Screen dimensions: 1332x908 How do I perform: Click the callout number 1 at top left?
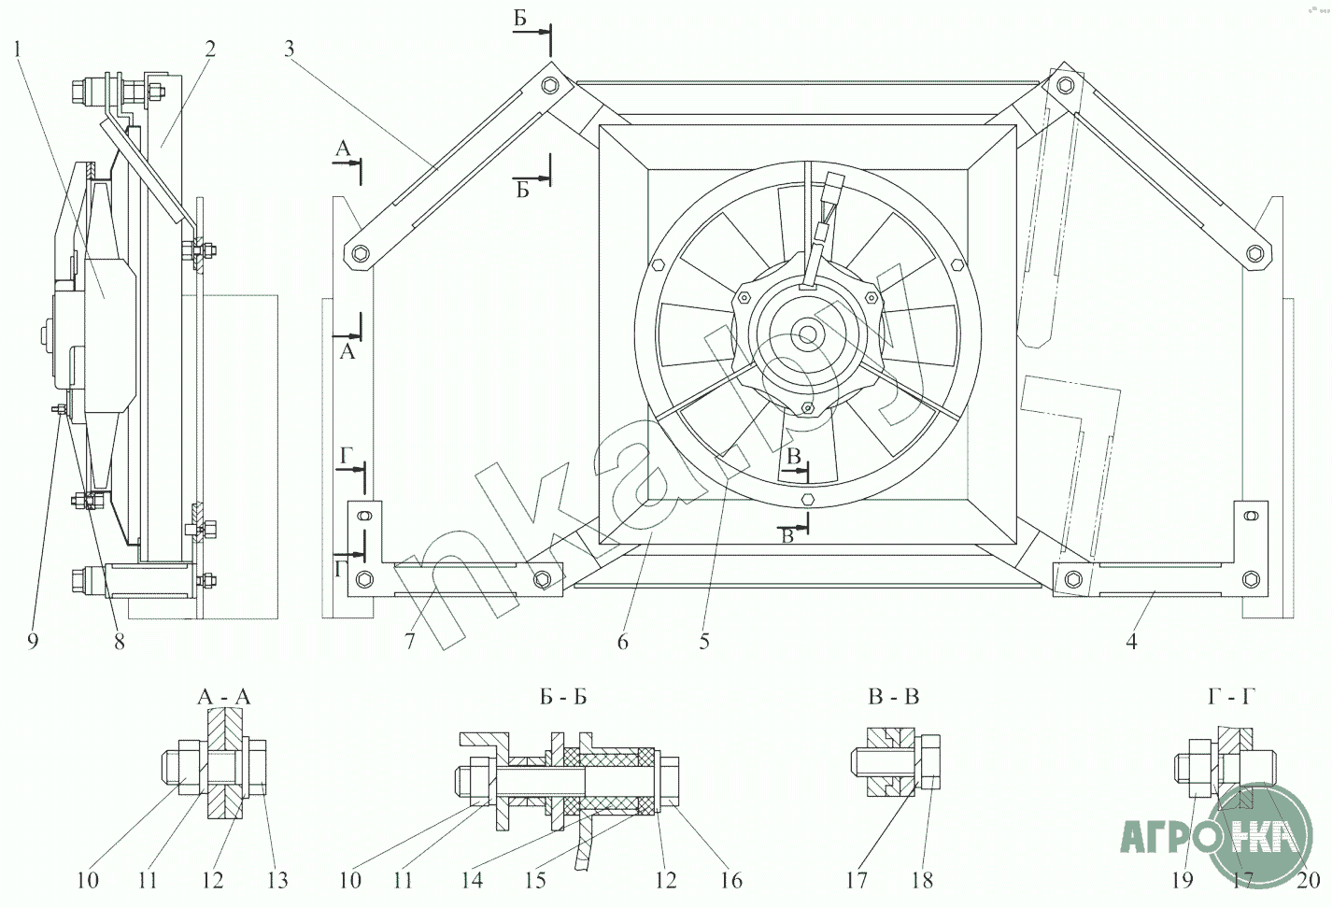(18, 49)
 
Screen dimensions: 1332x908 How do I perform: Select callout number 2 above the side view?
(210, 49)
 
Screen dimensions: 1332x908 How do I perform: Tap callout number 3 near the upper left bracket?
(289, 49)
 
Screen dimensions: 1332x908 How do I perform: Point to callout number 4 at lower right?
(1131, 642)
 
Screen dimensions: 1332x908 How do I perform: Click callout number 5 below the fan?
(704, 642)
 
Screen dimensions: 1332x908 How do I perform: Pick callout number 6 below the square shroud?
(623, 642)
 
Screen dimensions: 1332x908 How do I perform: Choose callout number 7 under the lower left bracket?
(410, 642)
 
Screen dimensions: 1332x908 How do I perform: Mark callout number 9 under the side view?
(33, 642)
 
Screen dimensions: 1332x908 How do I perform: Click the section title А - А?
(224, 697)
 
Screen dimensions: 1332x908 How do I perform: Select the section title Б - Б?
(563, 696)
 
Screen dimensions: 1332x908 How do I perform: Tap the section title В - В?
(893, 696)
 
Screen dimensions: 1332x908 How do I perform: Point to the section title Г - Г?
(1231, 696)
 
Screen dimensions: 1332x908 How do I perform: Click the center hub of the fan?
(808, 334)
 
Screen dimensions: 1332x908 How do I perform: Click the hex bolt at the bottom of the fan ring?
(808, 498)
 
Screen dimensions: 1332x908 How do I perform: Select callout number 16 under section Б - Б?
(731, 880)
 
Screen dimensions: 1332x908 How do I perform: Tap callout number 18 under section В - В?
(922, 880)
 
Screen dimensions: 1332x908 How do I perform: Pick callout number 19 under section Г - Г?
(1183, 880)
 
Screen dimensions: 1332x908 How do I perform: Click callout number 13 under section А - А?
(277, 880)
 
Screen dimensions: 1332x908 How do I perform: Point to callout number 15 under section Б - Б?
(535, 880)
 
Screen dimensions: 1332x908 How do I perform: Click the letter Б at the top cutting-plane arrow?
(520, 19)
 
